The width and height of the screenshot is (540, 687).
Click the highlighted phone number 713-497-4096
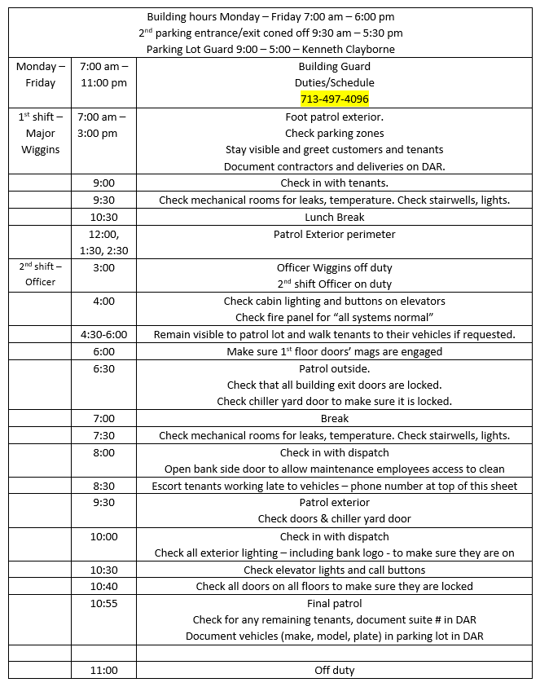click(334, 99)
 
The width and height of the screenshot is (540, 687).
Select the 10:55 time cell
click(103, 604)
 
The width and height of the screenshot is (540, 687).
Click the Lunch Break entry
click(334, 218)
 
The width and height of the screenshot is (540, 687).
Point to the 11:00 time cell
click(103, 671)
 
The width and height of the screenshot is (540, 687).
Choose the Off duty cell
click(334, 671)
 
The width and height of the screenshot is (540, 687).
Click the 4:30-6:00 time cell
click(103, 335)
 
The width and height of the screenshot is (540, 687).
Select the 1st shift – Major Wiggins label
click(40, 134)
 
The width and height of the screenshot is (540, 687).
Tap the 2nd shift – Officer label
click(40, 275)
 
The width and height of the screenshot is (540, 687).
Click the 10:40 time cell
click(103, 587)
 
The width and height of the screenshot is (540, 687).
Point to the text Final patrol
click(334, 604)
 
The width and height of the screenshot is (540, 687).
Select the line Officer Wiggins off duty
click(334, 267)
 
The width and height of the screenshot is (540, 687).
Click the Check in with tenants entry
click(334, 183)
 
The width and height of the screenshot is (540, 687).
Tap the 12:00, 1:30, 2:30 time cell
click(103, 243)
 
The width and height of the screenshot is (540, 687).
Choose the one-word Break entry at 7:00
click(334, 419)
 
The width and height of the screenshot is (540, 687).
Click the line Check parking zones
click(334, 134)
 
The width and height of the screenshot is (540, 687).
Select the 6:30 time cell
click(103, 368)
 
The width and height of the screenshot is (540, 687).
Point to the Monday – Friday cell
click(40, 74)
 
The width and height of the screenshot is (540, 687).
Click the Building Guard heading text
click(334, 67)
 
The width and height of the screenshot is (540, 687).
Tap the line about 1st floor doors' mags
click(334, 352)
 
